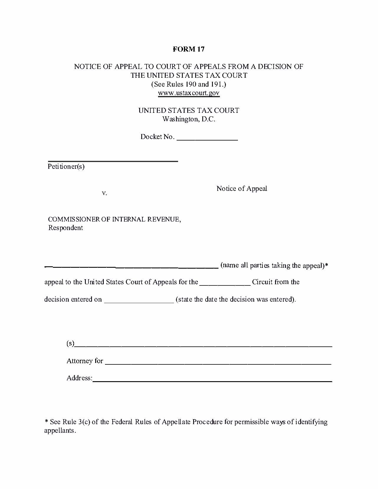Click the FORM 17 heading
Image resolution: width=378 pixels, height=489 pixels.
pos(188,49)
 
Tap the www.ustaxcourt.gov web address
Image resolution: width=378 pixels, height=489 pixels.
pos(189,93)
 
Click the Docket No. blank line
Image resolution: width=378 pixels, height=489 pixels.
pos(207,139)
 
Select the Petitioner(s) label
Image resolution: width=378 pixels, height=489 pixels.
pos(66,167)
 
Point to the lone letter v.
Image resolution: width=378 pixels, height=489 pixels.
pos(104,193)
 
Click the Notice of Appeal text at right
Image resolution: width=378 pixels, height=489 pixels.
pos(242,189)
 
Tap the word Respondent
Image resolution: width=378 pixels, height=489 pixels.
pos(65,228)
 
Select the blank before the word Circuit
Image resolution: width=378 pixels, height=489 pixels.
pos(225,284)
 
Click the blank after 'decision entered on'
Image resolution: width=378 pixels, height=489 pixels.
pos(139,302)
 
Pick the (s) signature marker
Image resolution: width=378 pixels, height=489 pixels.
pos(70,343)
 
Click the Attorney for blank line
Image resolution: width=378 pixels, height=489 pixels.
pos(218,364)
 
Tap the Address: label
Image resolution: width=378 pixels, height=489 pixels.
pos(79,378)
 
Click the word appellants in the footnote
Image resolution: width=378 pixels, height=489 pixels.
pos(59,430)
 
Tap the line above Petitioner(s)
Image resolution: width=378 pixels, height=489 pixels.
pos(113,161)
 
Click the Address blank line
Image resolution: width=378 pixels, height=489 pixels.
pos(212,381)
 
